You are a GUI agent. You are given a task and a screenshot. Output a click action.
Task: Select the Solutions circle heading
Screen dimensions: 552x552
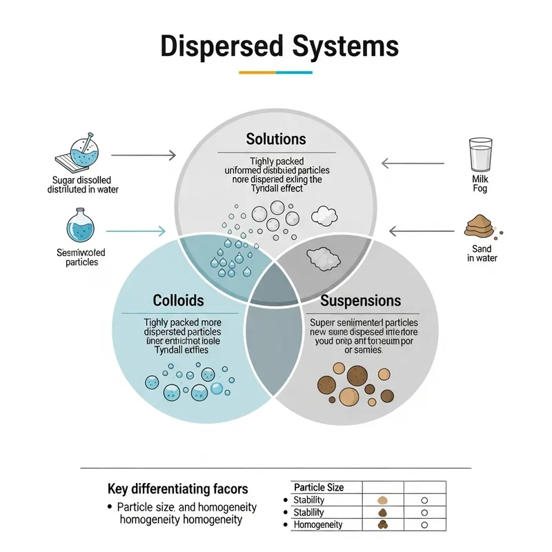coord(275,139)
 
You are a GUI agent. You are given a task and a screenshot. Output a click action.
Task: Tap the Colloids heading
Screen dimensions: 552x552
coord(179,301)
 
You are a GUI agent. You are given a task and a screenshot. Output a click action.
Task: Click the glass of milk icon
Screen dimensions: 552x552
coord(480,156)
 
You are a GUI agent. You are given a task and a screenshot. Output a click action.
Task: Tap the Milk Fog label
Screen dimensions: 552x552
coord(480,184)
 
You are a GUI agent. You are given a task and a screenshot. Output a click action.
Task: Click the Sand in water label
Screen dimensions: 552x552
coord(482,253)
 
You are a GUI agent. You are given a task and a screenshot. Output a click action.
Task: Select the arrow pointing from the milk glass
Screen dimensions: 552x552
coord(413,164)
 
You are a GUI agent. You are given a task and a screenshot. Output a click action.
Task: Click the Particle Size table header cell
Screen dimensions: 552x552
coord(318,487)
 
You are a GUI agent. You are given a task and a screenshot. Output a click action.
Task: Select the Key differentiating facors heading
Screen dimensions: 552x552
coord(177,489)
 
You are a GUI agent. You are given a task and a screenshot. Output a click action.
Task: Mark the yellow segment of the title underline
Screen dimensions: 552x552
coord(257,72)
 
